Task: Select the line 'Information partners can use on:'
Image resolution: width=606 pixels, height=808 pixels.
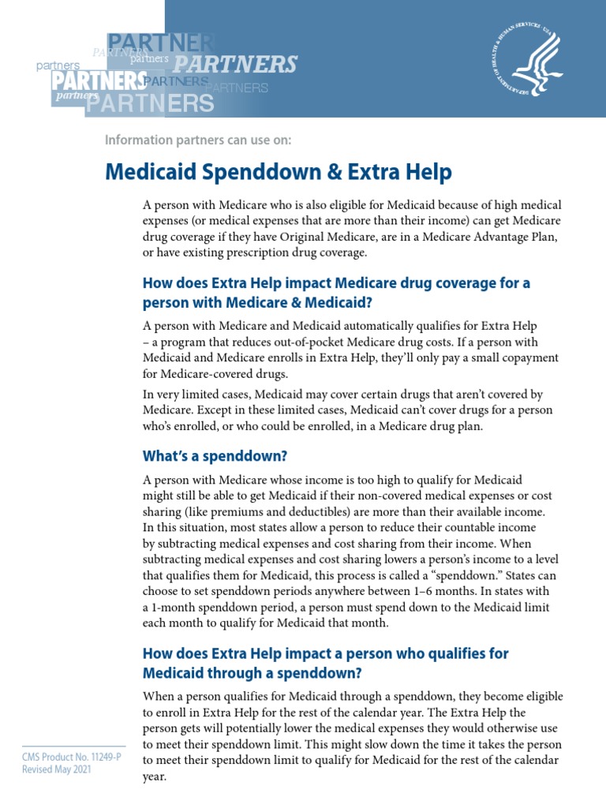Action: pos(198,140)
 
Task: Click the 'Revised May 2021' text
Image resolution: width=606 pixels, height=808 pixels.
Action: pos(55,770)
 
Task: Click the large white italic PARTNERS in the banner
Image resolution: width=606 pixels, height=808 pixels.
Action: pos(235,64)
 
